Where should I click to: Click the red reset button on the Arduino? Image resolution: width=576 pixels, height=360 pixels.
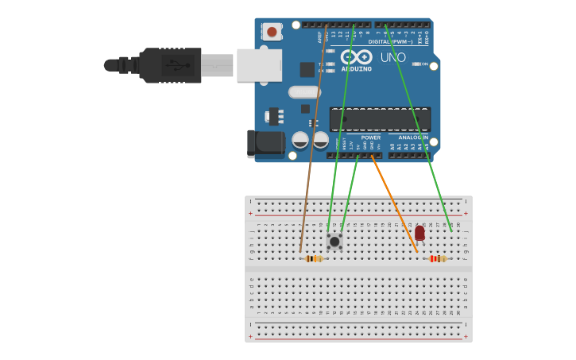point(273,32)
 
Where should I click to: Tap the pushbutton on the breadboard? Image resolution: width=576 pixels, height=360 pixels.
point(334,241)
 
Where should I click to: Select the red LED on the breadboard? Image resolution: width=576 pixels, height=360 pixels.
point(419,232)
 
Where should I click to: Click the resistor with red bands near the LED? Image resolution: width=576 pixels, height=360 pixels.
point(437,258)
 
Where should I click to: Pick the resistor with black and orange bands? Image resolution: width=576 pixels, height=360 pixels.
point(315,258)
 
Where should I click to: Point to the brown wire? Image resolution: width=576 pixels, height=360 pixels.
point(313,143)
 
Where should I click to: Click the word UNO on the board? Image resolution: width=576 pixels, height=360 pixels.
point(393,57)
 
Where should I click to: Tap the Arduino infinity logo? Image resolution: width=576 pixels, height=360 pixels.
point(357,56)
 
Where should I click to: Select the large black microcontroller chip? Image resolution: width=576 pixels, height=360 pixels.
point(380,119)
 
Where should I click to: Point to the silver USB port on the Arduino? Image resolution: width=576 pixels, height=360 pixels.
point(259,65)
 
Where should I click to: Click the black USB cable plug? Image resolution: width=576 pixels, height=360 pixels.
point(170,65)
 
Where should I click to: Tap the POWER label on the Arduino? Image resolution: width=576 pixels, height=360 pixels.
point(370,137)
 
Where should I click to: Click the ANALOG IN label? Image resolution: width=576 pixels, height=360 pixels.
point(412,137)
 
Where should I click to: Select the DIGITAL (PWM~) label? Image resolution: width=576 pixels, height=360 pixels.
point(390,41)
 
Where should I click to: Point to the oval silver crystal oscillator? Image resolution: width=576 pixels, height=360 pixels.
point(304,91)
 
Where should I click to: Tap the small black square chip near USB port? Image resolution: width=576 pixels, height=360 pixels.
point(307,69)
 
